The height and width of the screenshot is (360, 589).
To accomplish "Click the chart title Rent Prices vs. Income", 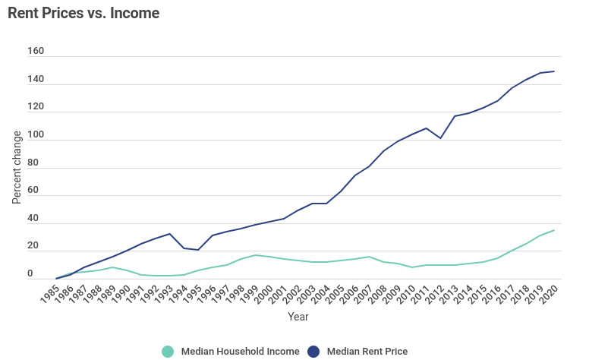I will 83,14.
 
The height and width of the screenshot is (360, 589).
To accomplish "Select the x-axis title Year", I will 298,317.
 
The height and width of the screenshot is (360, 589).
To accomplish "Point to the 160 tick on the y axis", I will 36,52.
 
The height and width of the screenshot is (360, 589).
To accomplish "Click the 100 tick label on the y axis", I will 36,135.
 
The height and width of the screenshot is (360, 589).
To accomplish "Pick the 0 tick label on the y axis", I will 30,273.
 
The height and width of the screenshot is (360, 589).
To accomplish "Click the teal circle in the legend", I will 168,351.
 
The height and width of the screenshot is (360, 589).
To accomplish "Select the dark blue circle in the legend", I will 313,351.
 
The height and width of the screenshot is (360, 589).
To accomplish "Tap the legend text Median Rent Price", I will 367,351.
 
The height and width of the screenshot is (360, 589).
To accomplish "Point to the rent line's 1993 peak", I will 170,234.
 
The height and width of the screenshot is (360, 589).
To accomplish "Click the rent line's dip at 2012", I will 440,138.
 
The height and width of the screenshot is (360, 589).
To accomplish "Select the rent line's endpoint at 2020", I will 554,71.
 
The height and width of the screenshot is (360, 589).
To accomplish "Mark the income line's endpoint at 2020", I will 554,230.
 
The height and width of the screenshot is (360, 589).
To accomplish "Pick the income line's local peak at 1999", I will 255,255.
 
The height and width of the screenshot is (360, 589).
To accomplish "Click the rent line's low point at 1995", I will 198,250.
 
